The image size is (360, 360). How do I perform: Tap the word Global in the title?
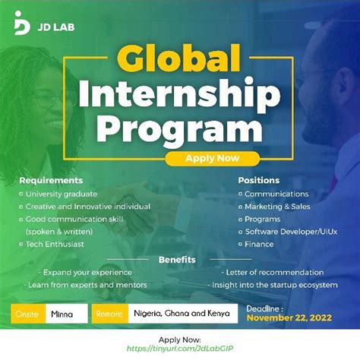tap(181, 61)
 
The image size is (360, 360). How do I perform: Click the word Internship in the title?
tap(180, 94)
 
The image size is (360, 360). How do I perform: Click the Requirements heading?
tap(51, 181)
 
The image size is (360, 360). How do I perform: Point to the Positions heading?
tap(258, 181)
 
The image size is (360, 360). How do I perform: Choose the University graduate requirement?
tap(61, 194)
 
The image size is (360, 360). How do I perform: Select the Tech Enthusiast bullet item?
tap(55, 244)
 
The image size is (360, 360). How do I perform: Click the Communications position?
tap(276, 194)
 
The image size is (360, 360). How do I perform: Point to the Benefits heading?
tap(177, 260)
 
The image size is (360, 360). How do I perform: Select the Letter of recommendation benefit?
tap(274, 272)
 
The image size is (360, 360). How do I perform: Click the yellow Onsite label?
tap(28, 313)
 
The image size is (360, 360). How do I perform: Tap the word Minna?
tap(62, 313)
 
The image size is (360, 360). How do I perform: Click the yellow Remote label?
tap(107, 313)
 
